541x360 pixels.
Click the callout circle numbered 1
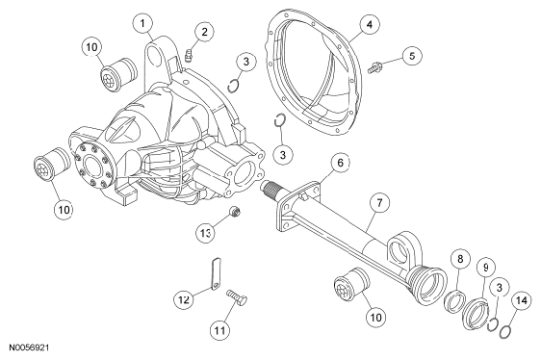tap(142, 23)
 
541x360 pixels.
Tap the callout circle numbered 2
tap(204, 32)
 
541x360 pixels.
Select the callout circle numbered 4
tap(370, 24)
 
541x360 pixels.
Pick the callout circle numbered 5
tap(412, 56)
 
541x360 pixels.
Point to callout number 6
tap(340, 163)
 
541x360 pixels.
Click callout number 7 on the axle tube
tap(379, 202)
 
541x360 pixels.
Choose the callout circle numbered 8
tap(460, 259)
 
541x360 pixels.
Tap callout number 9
tap(486, 267)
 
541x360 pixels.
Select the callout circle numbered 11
tap(220, 330)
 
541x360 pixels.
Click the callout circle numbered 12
tap(184, 299)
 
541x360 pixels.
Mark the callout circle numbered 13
tap(206, 233)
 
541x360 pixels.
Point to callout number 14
tap(521, 300)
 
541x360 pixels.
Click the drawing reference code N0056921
tap(29, 347)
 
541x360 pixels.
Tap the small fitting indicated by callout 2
tap(188, 56)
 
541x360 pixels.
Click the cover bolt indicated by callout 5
tap(374, 66)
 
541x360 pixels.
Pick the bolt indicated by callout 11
tap(237, 298)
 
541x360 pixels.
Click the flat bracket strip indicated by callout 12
tap(216, 273)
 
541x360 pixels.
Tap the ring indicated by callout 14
tap(506, 330)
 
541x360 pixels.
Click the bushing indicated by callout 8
tap(455, 300)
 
